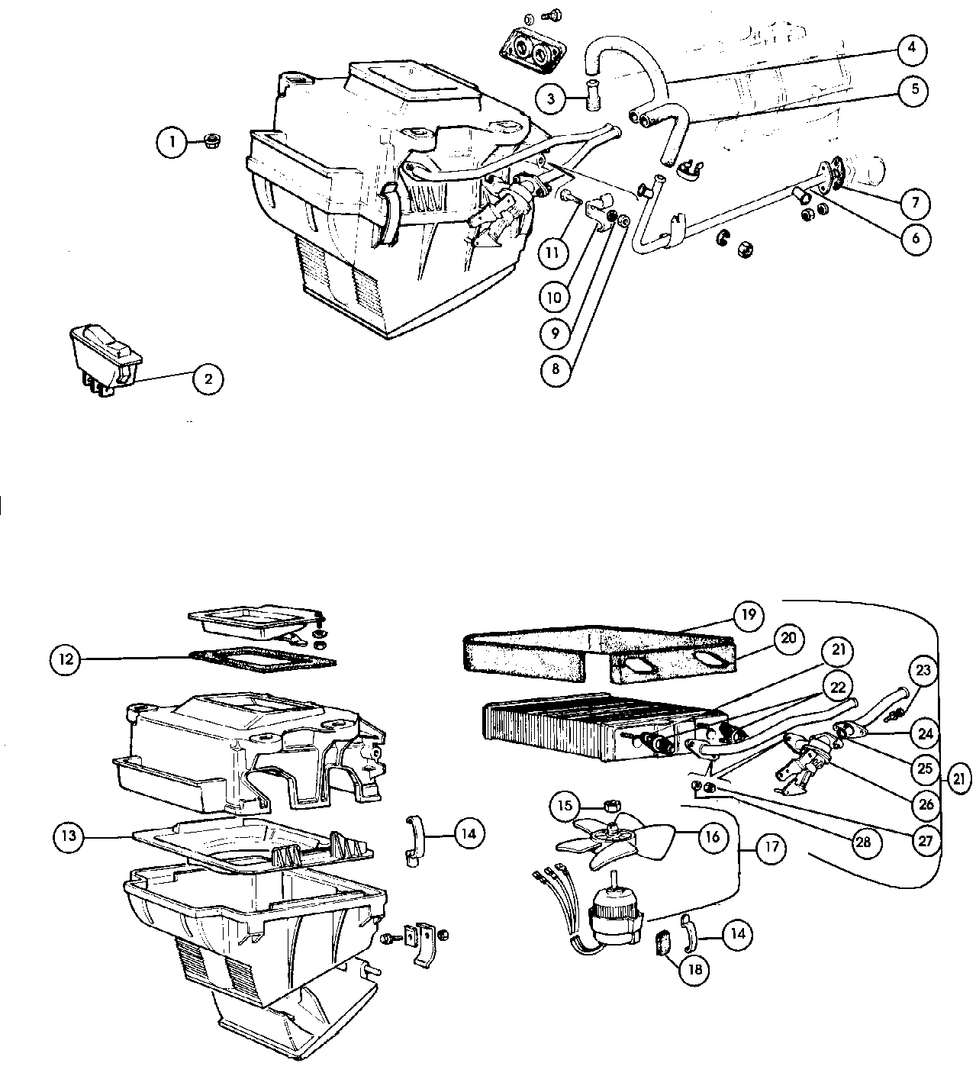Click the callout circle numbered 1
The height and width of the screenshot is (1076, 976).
[x=172, y=141]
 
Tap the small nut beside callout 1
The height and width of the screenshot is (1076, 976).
[x=212, y=140]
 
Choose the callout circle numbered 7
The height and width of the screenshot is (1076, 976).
[x=914, y=203]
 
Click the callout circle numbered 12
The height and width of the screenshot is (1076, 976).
[x=66, y=658]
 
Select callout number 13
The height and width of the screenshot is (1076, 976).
[x=69, y=836]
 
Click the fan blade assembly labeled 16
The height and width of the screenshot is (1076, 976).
[x=615, y=839]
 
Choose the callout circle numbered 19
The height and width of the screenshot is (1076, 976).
[x=748, y=615]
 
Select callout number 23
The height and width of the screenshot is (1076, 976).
[x=924, y=671]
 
